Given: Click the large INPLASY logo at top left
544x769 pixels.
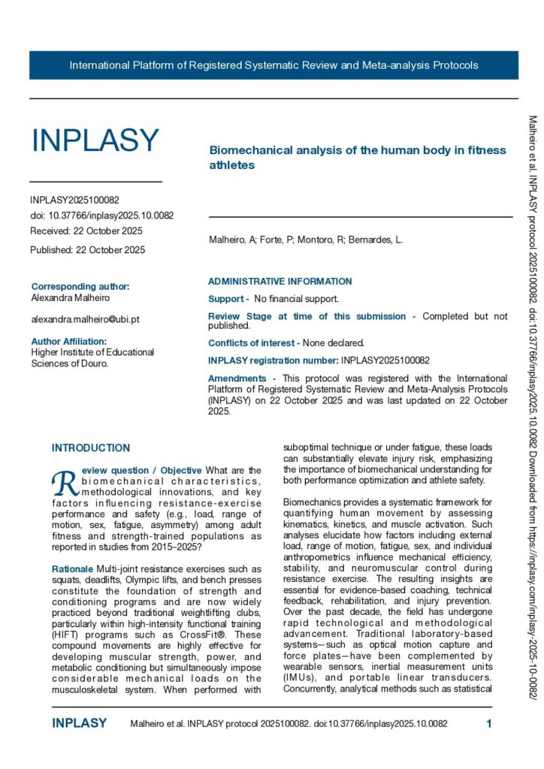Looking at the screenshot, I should pyautogui.click(x=95, y=140).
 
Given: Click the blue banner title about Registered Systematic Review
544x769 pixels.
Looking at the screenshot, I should pyautogui.click(x=274, y=65).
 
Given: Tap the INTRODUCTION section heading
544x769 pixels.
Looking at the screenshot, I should pyautogui.click(x=90, y=448).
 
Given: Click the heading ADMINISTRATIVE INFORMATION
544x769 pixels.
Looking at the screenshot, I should pyautogui.click(x=280, y=282).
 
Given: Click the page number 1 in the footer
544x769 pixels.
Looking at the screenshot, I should pyautogui.click(x=489, y=724).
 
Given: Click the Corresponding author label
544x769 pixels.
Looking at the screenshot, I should pyautogui.click(x=80, y=287).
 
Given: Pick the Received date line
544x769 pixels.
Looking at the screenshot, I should pyautogui.click(x=86, y=231).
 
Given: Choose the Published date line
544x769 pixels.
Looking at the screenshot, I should pyautogui.click(x=88, y=250).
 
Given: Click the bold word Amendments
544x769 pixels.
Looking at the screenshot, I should pyautogui.click(x=237, y=378).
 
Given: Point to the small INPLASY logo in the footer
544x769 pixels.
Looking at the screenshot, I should pyautogui.click(x=79, y=724).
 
